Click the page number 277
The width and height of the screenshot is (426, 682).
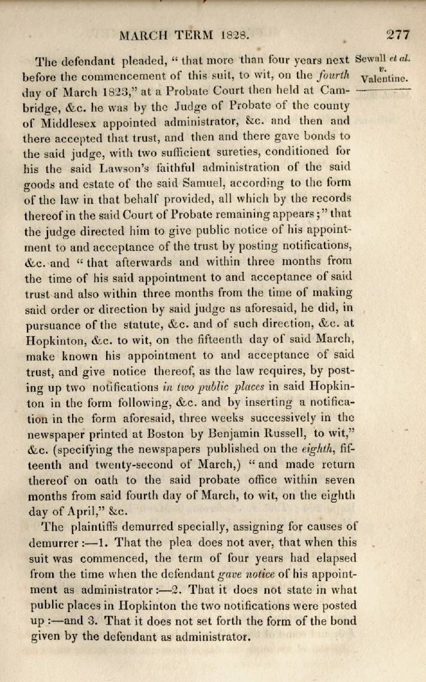398,34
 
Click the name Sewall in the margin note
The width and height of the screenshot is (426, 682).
371,59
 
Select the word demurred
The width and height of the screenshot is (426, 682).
148,528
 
